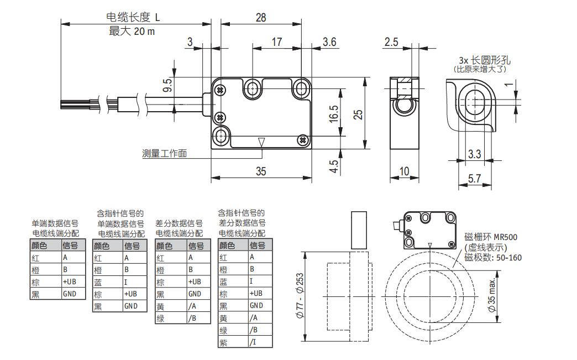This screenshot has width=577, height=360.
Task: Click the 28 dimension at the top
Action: (x=260, y=18)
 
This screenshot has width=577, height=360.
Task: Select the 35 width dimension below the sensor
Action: (x=260, y=171)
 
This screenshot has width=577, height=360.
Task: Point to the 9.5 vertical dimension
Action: (x=167, y=85)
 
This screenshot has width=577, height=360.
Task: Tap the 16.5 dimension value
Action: (x=334, y=114)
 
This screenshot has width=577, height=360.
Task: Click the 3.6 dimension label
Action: (x=329, y=41)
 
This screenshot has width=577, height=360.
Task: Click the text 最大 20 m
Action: (x=132, y=32)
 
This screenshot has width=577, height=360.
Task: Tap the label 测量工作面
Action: (x=164, y=153)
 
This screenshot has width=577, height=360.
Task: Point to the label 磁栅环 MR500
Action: (x=491, y=237)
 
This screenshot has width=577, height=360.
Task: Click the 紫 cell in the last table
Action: (x=223, y=342)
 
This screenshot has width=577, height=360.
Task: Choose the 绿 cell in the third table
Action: (x=160, y=318)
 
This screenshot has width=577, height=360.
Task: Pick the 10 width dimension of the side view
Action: (x=405, y=171)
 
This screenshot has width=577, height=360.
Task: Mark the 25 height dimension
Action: (x=358, y=113)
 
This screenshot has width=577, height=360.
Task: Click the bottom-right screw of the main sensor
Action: (x=302, y=140)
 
